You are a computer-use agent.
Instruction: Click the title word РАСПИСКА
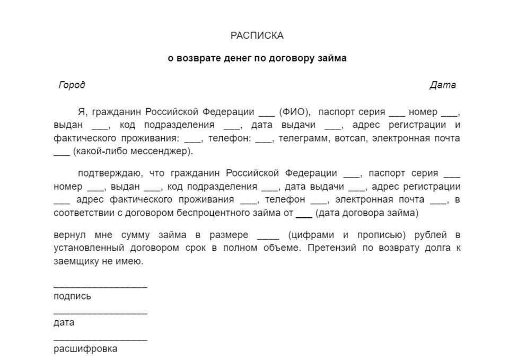click(257, 36)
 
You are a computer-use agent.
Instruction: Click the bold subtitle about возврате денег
click(257, 58)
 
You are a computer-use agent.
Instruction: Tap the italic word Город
click(72, 85)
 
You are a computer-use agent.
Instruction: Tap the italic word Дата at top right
click(443, 85)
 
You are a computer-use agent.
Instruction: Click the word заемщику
click(74, 261)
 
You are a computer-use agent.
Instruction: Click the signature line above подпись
click(100, 287)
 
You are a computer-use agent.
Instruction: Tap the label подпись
click(72, 296)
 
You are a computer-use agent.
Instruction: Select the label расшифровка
click(85, 349)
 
